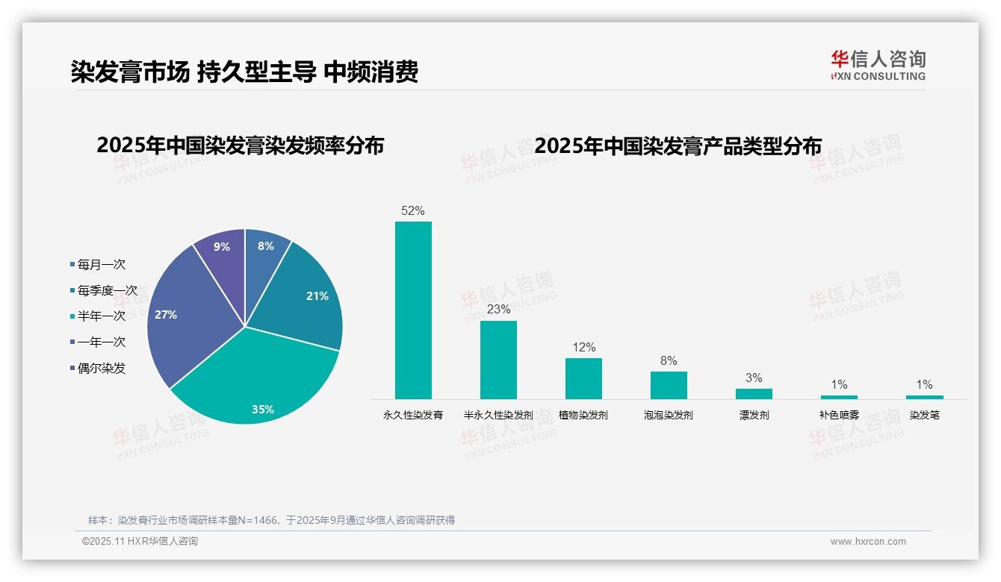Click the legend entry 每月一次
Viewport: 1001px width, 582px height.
click(x=101, y=264)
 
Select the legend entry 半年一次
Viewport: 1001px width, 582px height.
click(x=101, y=316)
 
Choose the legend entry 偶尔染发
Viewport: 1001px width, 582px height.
click(x=101, y=368)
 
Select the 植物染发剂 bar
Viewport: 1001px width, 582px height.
click(x=583, y=378)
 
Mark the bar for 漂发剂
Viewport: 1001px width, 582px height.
click(x=754, y=393)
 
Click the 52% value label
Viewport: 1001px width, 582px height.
click(x=413, y=211)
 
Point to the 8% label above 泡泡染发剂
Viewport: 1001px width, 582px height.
click(x=669, y=361)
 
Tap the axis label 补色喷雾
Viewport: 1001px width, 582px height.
click(x=839, y=415)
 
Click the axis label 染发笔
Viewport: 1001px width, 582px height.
click(x=924, y=415)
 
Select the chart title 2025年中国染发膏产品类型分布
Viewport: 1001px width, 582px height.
click(x=678, y=145)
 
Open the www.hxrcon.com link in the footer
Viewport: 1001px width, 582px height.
click(x=868, y=542)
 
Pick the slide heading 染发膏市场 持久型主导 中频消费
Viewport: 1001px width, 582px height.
click(x=244, y=72)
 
